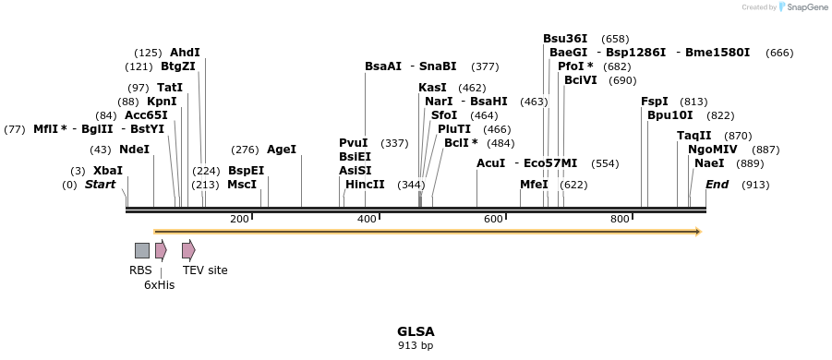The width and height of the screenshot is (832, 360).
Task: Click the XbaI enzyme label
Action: [x=107, y=171]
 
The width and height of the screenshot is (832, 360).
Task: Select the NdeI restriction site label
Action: [x=134, y=150]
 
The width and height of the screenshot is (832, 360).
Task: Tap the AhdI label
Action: [x=185, y=53]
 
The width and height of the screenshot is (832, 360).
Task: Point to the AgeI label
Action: [x=282, y=150]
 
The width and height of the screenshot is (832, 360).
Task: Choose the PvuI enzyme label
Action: [x=354, y=143]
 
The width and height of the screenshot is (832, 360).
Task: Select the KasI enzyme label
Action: [x=432, y=88]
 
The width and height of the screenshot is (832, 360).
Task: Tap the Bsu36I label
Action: [x=565, y=39]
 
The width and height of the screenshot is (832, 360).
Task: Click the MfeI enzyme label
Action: [x=534, y=185]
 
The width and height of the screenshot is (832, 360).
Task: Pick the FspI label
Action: [x=655, y=102]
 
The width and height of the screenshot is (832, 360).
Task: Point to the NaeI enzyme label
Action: [x=709, y=163]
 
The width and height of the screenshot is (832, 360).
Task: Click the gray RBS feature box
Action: [x=142, y=250]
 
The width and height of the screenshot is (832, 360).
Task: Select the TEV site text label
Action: [x=205, y=270]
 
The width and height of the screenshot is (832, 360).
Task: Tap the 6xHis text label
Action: [x=159, y=285]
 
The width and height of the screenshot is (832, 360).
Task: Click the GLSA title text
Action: [x=416, y=331]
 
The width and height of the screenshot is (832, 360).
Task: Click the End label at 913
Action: [x=717, y=185]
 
